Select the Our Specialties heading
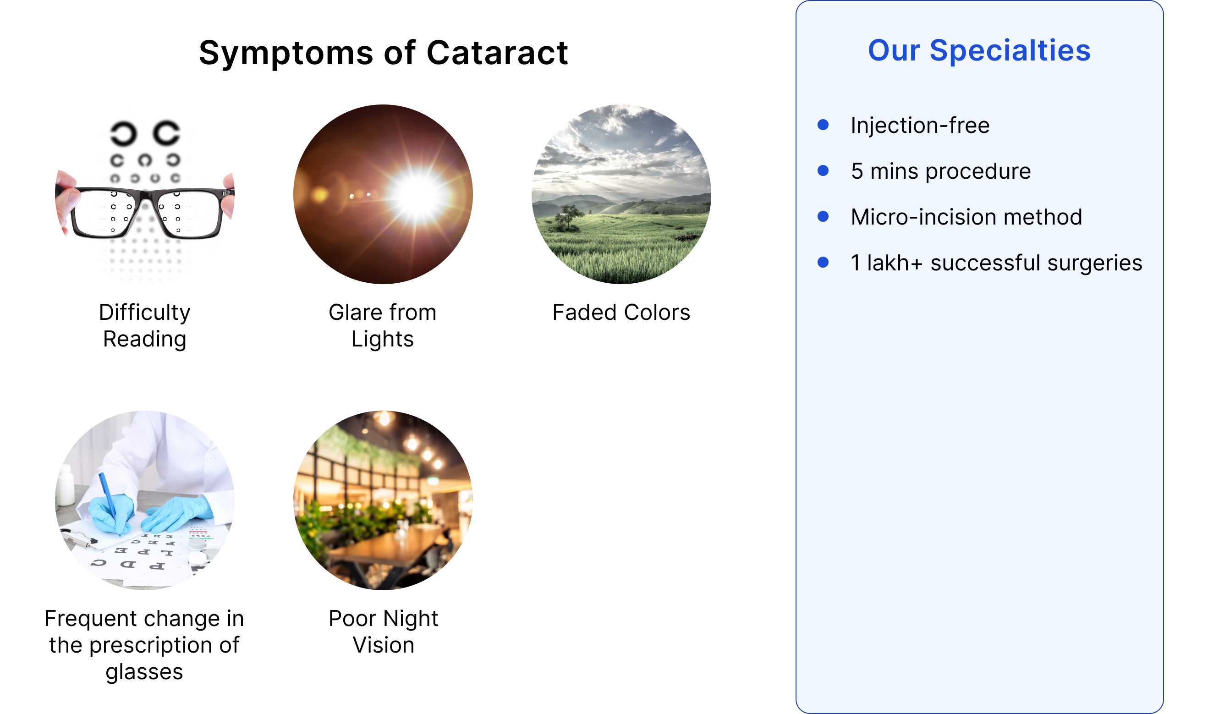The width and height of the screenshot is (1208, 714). tap(979, 50)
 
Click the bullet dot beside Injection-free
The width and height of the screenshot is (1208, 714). tap(823, 125)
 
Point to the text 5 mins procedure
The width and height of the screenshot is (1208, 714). tap(940, 171)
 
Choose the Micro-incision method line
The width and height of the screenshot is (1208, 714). tap(966, 217)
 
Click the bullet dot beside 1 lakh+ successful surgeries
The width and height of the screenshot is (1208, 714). tap(823, 262)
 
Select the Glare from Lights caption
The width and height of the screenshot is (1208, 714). tap(383, 325)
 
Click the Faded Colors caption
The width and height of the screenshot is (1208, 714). tap(621, 312)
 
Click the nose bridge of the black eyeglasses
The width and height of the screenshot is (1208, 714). tap(146, 197)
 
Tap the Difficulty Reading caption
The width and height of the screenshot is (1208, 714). tap(145, 325)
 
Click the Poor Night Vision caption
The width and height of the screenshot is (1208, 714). tap(383, 631)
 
